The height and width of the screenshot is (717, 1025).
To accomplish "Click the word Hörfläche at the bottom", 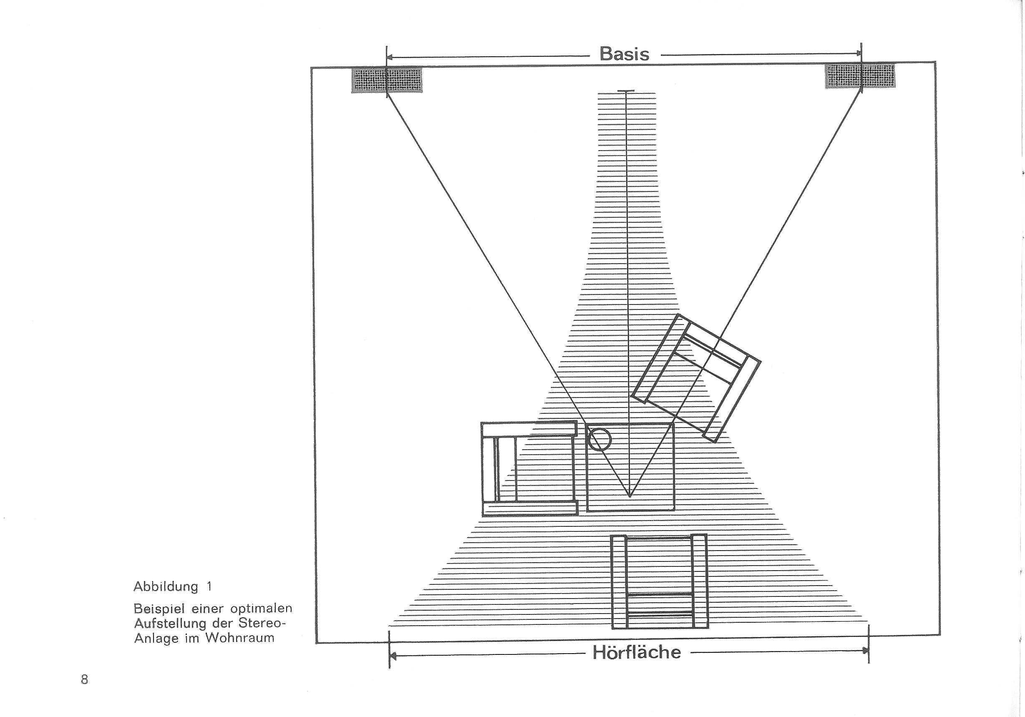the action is (637, 652).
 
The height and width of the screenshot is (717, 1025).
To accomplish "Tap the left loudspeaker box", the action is (387, 80).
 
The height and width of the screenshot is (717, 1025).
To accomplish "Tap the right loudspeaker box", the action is (860, 76).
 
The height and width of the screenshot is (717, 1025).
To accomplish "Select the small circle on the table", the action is (599, 439).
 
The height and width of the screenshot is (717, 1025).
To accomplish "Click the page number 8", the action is (85, 680).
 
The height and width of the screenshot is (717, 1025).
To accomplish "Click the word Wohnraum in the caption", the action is (240, 638).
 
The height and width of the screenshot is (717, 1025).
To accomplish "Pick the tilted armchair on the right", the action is (696, 378).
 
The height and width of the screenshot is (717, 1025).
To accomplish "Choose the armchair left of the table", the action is (529, 469).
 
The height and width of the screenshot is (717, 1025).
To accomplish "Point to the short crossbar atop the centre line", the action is (626, 91).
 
